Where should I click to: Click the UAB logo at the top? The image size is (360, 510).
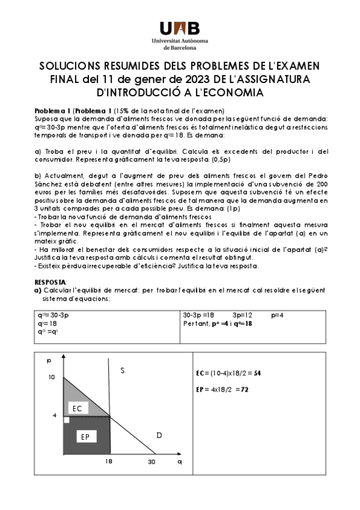[180, 27]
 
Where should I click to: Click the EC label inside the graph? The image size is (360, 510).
[77, 408]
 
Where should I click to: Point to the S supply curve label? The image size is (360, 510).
[122, 371]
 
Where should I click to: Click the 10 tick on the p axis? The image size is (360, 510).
[51, 377]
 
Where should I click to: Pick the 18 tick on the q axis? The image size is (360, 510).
[109, 461]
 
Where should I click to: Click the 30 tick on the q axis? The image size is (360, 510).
[152, 461]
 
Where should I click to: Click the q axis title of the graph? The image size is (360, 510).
[179, 461]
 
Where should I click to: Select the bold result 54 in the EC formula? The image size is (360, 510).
[257, 373]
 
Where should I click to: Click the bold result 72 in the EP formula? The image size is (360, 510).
[245, 390]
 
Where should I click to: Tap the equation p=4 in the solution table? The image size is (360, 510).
[277, 315]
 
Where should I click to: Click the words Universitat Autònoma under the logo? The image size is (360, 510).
[180, 40]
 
